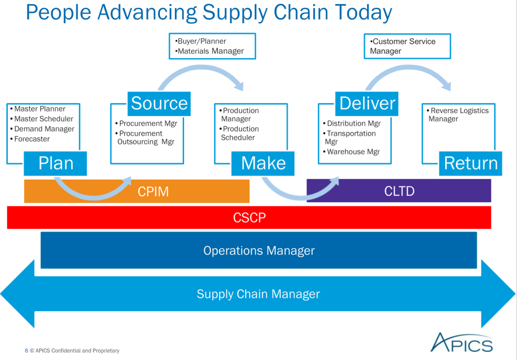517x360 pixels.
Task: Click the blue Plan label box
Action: click(56, 163)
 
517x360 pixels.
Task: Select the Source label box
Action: click(159, 104)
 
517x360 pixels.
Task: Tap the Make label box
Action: click(263, 163)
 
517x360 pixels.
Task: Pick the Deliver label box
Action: click(367, 104)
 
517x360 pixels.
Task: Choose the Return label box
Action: click(470, 163)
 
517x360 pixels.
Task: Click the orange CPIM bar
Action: click(137, 191)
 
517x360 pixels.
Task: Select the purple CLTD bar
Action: click(399, 191)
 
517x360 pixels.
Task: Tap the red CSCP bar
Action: click(249, 217)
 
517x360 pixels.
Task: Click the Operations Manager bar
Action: click(259, 250)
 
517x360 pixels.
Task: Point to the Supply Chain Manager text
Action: click(258, 293)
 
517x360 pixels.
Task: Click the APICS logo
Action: click(461, 343)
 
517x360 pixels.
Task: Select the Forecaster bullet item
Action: click(30, 139)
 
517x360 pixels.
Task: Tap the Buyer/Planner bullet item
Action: click(201, 41)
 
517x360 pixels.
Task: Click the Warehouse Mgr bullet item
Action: click(351, 152)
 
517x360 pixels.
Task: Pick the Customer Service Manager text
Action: click(403, 46)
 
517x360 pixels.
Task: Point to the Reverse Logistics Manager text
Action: click(458, 115)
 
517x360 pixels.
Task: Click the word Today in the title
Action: click(364, 13)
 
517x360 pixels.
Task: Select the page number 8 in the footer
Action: click(26, 351)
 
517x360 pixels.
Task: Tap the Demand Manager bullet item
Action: click(42, 129)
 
